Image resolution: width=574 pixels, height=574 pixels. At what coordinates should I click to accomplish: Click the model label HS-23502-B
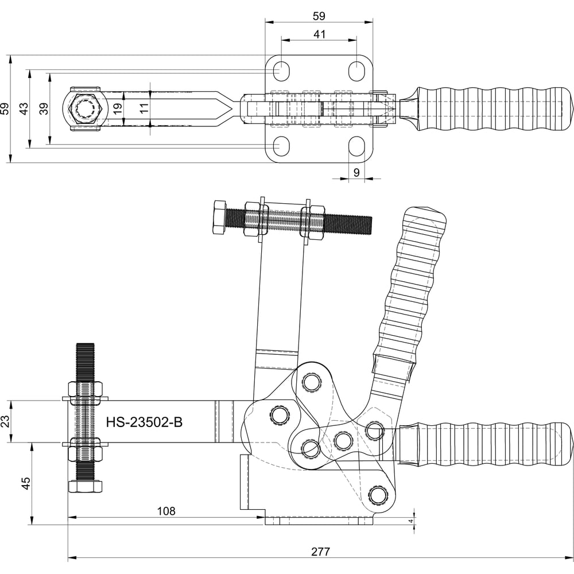pyautogui.click(x=144, y=422)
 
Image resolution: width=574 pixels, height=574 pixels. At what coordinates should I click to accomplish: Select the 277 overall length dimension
pyautogui.click(x=320, y=552)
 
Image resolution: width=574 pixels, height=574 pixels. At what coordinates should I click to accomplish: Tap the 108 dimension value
pyautogui.click(x=165, y=511)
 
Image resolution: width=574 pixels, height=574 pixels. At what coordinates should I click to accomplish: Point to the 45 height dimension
pyautogui.click(x=25, y=483)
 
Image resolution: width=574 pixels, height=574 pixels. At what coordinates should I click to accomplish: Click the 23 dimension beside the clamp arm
pyautogui.click(x=5, y=422)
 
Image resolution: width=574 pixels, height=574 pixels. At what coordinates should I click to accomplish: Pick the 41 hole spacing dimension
pyautogui.click(x=320, y=34)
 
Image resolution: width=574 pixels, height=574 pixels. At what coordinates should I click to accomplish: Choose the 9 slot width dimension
pyautogui.click(x=356, y=172)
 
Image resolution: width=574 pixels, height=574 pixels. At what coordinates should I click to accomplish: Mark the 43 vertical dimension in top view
pyautogui.click(x=24, y=108)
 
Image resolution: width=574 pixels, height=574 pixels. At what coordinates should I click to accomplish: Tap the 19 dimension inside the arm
pyautogui.click(x=118, y=108)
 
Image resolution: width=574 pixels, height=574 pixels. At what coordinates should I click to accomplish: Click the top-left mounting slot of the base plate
pyautogui.click(x=281, y=70)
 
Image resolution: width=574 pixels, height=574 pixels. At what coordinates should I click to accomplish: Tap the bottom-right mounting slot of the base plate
pyautogui.click(x=356, y=146)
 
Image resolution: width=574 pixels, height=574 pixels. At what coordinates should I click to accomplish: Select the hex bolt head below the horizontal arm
pyautogui.click(x=85, y=487)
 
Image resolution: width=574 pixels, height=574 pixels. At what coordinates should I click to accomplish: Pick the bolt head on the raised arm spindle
pyautogui.click(x=220, y=217)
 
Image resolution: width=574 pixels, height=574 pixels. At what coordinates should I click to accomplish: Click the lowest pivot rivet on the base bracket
pyautogui.click(x=378, y=494)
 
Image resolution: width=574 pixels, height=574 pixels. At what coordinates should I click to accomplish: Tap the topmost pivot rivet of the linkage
pyautogui.click(x=312, y=381)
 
